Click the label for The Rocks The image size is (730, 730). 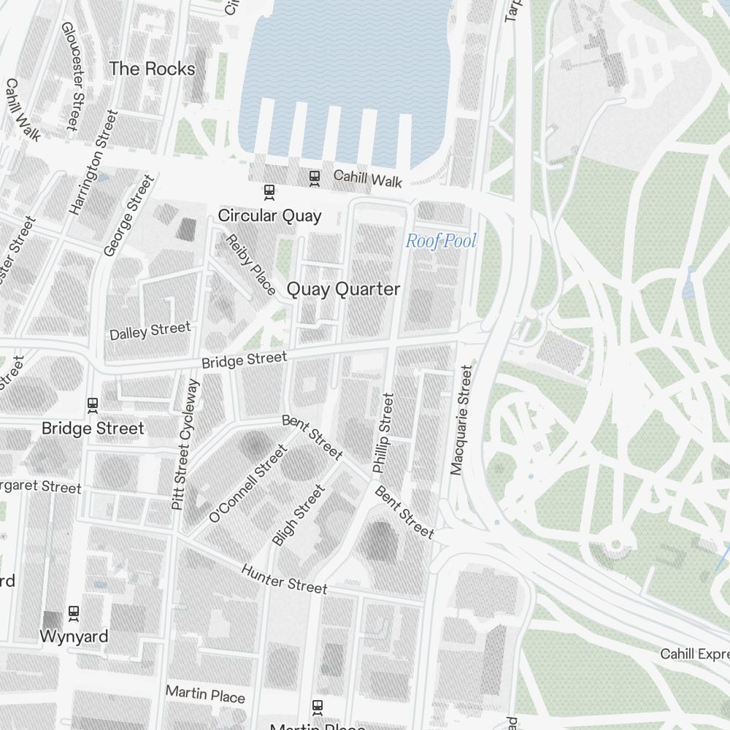coord(152,69)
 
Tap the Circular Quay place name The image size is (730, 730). coord(269,216)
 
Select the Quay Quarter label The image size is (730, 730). coord(343,289)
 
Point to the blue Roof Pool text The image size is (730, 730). coord(441,241)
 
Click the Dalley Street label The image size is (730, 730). coord(150,331)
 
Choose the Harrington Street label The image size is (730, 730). coord(93,162)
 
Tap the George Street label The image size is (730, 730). coord(129,215)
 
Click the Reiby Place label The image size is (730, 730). coord(250,264)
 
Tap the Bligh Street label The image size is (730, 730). coord(297,516)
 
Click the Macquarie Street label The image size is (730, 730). coord(461,420)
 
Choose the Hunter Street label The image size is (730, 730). coord(284,579)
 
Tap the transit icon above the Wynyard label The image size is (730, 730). coord(74,612)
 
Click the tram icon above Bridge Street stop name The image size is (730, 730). coord(93,404)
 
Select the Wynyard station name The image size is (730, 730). coord(74,636)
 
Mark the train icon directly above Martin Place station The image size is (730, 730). coord(318,706)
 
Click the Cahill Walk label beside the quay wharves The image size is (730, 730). coord(367,179)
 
